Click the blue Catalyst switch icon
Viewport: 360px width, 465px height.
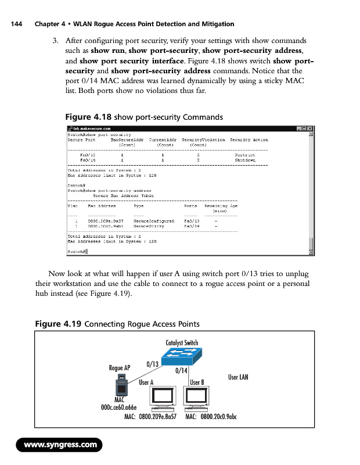[182, 356]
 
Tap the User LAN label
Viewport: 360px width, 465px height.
[238, 377]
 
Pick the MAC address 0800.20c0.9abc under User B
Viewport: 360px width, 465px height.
[211, 417]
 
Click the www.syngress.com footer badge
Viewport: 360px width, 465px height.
[60, 445]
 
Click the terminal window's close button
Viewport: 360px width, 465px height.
[309, 128]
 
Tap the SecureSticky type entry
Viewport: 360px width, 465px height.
[148, 226]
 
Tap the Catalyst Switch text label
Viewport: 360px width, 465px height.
[182, 342]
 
